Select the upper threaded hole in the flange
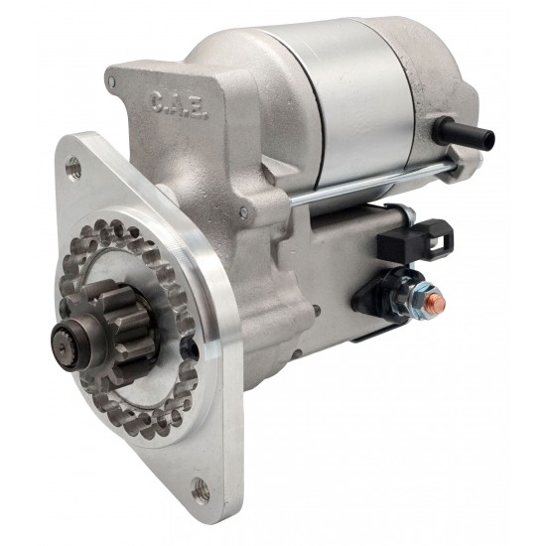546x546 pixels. tap(73, 166)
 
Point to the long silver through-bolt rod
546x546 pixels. tap(372, 186)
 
